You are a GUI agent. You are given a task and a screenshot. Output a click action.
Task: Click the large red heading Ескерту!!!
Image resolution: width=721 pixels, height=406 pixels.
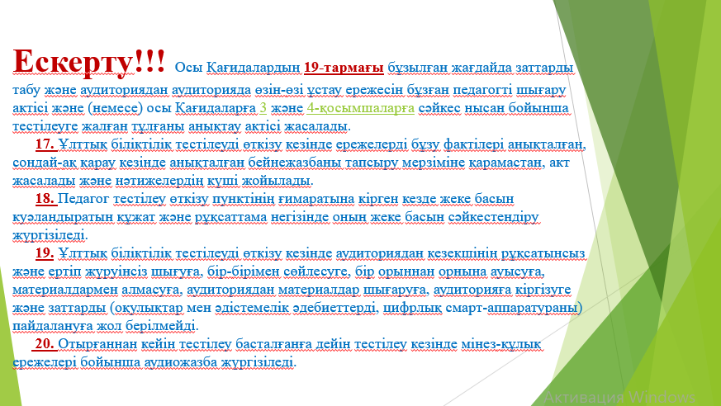coord(88,61)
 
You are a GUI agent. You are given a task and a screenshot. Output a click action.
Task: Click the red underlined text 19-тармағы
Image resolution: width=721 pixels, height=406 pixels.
coord(344,68)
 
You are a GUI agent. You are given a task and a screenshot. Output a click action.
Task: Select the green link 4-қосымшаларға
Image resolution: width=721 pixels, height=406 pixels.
coord(360,108)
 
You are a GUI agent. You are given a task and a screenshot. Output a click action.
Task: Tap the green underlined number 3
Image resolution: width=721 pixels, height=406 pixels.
coord(263,108)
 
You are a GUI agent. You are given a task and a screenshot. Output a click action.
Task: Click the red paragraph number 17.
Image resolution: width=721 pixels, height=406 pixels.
coord(45,144)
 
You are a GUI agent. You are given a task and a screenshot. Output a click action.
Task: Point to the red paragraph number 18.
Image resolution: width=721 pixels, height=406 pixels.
coord(45,199)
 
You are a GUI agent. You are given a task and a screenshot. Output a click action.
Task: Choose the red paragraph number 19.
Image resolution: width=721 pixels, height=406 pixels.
coord(45,253)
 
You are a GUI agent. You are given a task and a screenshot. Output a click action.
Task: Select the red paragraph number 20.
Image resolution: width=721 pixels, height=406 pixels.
coord(45,343)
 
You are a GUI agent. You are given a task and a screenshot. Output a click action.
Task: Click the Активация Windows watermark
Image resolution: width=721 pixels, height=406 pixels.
coord(619,396)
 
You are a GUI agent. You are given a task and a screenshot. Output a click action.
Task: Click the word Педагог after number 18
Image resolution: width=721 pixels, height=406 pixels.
coord(83,199)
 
